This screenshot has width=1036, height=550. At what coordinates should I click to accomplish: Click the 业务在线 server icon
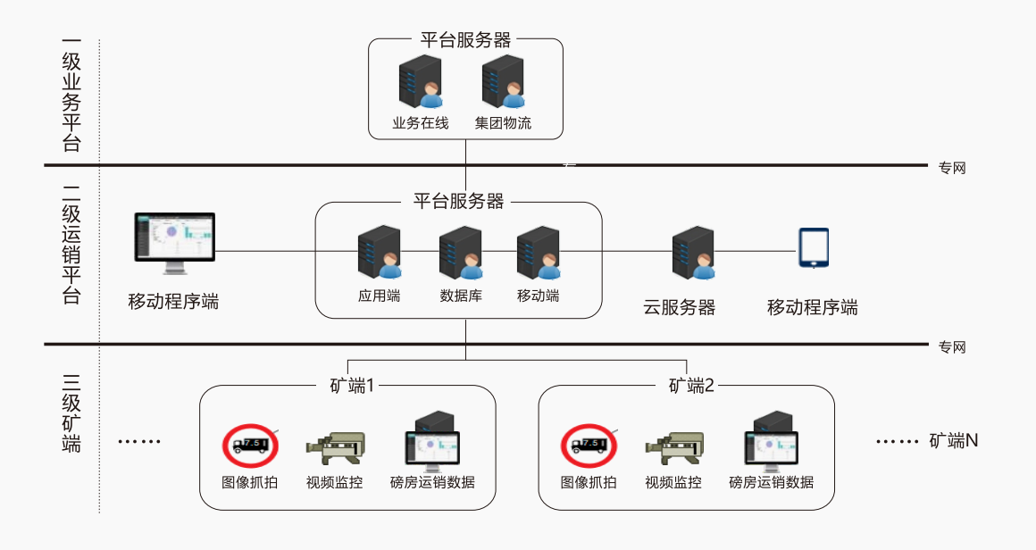click(420, 82)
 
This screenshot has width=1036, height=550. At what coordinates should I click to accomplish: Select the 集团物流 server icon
click(503, 82)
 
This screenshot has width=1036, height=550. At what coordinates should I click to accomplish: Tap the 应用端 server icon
click(379, 253)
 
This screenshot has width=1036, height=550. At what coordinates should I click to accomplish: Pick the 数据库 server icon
click(461, 253)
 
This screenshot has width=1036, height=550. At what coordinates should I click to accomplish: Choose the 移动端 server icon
click(539, 253)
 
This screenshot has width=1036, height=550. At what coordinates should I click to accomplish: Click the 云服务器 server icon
click(693, 253)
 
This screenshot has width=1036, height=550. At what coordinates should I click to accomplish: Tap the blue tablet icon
click(813, 248)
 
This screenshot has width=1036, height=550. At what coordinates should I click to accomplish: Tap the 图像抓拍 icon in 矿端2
click(588, 444)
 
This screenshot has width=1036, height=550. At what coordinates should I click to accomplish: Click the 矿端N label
click(954, 440)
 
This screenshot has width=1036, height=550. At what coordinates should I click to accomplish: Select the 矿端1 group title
click(347, 386)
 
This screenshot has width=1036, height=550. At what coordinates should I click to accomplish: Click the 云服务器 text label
click(680, 308)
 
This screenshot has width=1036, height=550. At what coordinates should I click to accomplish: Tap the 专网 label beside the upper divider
click(952, 168)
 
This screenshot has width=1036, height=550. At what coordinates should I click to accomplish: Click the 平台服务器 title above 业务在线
click(466, 40)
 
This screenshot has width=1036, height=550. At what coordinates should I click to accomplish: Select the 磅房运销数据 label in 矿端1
click(432, 483)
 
